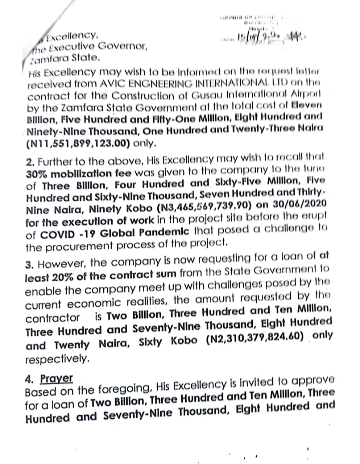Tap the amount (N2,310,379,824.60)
point(254,338)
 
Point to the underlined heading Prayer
point(56,378)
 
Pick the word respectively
point(57,359)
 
